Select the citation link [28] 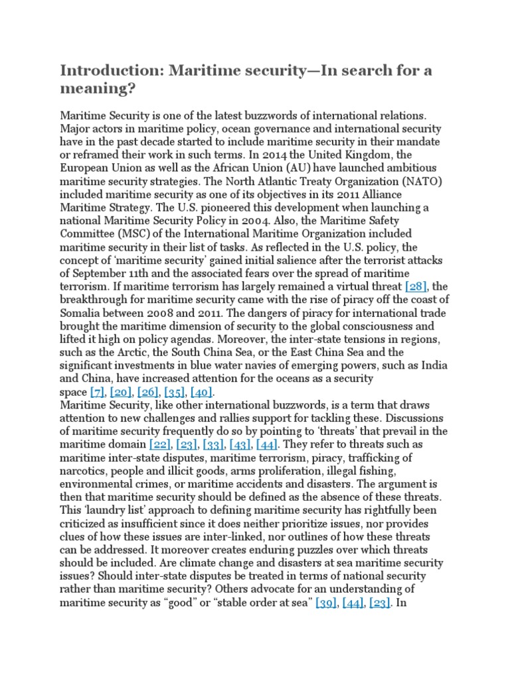[x=417, y=286]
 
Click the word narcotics [x=83, y=470]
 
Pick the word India [x=433, y=365]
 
